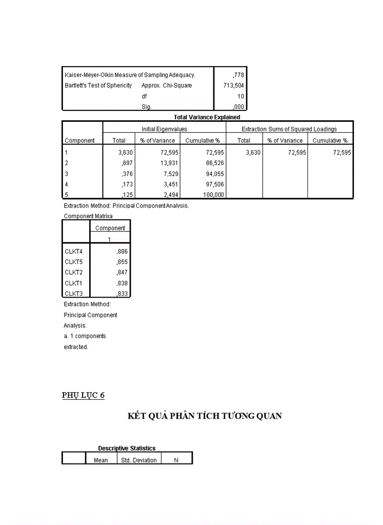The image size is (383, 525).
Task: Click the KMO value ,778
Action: [237, 74]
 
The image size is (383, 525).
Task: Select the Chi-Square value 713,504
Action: [233, 85]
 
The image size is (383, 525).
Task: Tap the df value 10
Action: [240, 96]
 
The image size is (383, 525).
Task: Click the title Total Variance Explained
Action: [207, 117]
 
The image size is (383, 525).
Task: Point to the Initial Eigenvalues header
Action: [165, 129]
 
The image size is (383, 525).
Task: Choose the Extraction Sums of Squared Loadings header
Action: [289, 129]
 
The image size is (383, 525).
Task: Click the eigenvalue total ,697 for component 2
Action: [126, 164]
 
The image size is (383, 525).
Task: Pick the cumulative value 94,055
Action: [211, 174]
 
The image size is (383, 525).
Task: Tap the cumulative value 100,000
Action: [210, 195]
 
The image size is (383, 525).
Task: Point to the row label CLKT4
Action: [73, 251]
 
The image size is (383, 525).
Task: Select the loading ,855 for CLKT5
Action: [122, 262]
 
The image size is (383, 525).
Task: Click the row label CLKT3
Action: [73, 294]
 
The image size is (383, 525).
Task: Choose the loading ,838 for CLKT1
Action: [122, 283]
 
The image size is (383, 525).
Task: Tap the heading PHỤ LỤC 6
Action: [83, 396]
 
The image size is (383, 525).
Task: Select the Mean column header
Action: [101, 460]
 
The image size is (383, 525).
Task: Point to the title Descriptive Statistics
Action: [127, 448]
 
